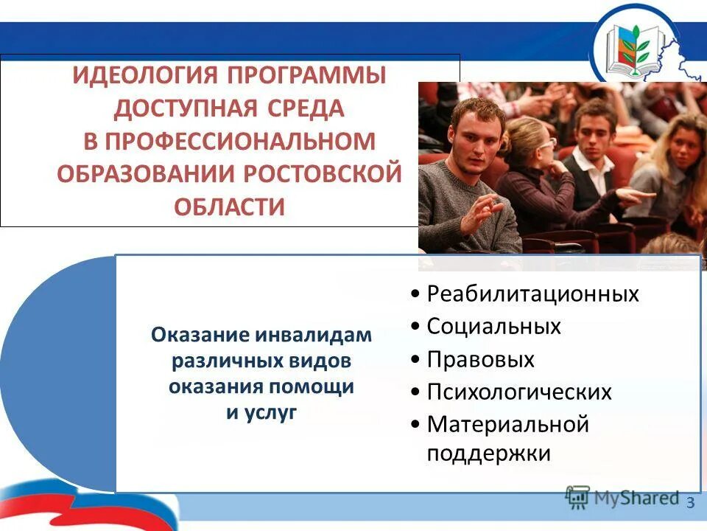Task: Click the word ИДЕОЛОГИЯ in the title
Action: pyautogui.click(x=144, y=77)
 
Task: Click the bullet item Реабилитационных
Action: pyautogui.click(x=532, y=294)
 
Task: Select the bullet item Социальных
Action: pyautogui.click(x=493, y=326)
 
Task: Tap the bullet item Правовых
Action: pyautogui.click(x=480, y=359)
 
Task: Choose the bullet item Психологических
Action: pyautogui.click(x=518, y=392)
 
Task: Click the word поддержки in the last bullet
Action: pyautogui.click(x=488, y=453)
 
